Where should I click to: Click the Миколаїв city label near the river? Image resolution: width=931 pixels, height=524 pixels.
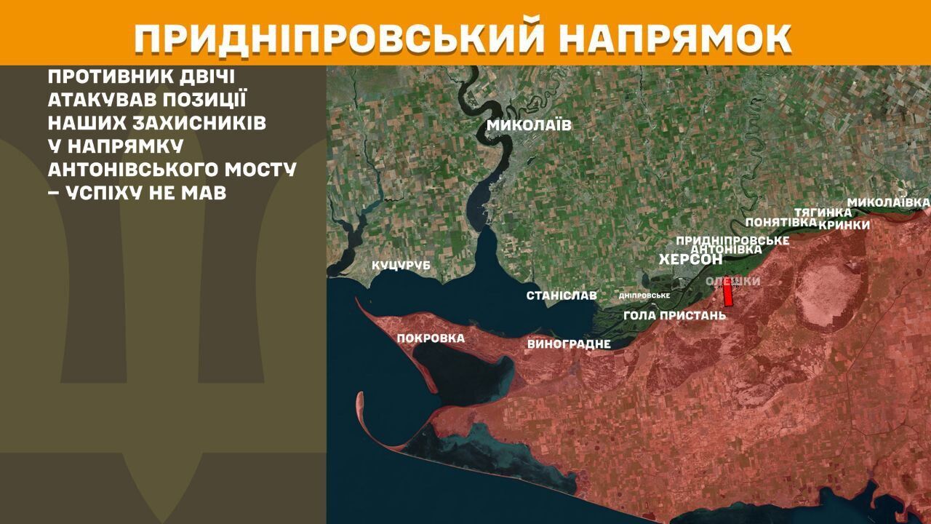529,125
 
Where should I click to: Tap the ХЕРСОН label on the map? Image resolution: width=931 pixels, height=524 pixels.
690,260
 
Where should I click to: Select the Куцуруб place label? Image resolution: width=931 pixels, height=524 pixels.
401,266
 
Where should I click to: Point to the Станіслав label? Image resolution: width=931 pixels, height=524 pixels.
562,295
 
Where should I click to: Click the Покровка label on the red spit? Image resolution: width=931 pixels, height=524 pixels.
431,338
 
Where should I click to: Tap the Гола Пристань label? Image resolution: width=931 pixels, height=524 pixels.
675,315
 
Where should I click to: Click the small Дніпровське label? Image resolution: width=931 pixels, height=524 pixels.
644,295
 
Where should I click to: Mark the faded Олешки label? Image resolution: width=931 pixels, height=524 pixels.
733,281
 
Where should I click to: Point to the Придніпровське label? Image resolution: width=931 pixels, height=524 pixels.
732,239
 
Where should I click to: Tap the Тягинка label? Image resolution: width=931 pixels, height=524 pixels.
823,213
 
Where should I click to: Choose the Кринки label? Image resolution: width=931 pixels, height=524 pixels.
844,225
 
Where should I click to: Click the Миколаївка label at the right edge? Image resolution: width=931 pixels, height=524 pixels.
889,201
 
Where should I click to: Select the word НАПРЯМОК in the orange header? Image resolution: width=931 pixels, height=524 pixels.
676,39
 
